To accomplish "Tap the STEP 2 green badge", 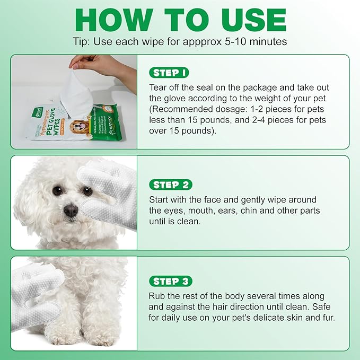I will coord(170,185).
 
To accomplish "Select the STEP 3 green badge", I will coord(170,281).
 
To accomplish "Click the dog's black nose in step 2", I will coord(71,210).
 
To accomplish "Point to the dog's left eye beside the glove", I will coord(87,191).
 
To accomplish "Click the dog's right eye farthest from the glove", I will coord(57,190).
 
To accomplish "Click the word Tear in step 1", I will coord(159,87).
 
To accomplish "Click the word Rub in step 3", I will coord(158,296).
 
